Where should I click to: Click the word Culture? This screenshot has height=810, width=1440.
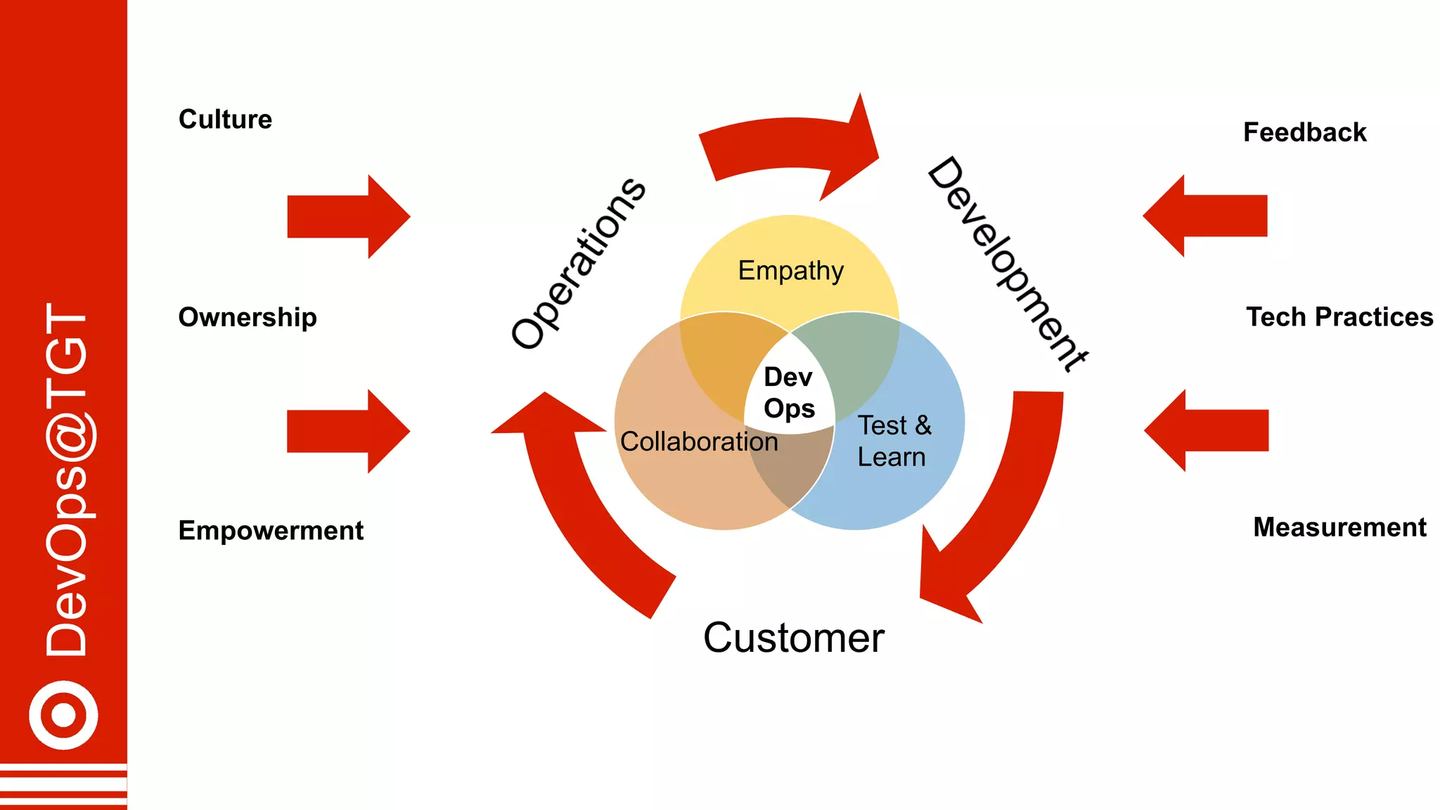(x=225, y=120)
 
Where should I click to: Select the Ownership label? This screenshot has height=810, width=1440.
(x=247, y=318)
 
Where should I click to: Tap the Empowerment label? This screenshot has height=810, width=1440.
(x=271, y=531)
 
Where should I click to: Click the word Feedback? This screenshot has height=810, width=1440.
(x=1304, y=132)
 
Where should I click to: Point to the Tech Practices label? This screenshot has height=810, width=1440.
(x=1339, y=317)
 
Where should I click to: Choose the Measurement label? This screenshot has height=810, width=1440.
(x=1339, y=527)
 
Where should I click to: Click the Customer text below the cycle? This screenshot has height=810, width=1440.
(x=793, y=638)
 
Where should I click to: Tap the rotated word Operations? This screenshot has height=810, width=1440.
(x=577, y=264)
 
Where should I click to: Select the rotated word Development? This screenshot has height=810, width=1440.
(x=1007, y=264)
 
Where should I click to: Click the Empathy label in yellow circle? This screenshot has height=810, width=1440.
(x=790, y=271)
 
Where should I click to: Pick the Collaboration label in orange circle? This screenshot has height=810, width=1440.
(x=699, y=442)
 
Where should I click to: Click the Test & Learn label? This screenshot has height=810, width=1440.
(x=893, y=441)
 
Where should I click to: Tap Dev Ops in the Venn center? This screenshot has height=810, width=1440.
(x=789, y=392)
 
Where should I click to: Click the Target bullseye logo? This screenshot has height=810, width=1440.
(x=63, y=715)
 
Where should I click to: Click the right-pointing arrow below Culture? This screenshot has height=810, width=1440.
(x=348, y=217)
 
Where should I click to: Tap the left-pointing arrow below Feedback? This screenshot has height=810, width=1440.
(x=1205, y=216)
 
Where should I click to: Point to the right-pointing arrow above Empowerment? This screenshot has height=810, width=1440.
(x=348, y=431)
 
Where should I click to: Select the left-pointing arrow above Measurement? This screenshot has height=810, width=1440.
(x=1207, y=430)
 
